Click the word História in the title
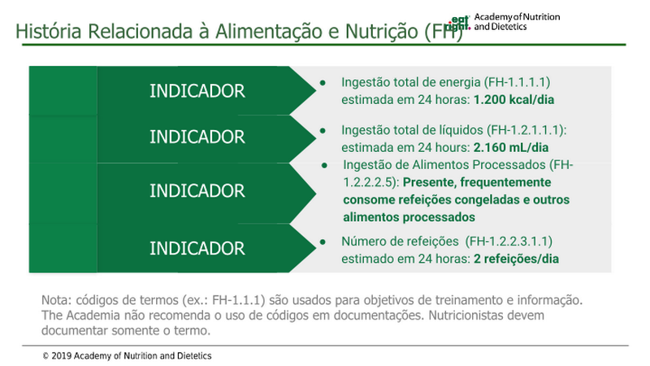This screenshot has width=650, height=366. (x=49, y=31)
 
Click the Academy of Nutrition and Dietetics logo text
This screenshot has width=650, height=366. (x=517, y=22)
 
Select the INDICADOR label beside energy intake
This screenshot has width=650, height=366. (x=197, y=91)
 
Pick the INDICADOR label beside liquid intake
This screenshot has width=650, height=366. (x=197, y=137)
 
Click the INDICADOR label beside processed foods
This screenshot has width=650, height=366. (x=197, y=191)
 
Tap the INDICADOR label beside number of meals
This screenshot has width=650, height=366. (x=197, y=249)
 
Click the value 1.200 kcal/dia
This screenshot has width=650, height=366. (x=513, y=100)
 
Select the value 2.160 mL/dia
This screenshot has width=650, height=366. (x=511, y=148)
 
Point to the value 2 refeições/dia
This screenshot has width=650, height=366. (x=516, y=259)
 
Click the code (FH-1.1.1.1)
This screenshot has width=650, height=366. (x=518, y=82)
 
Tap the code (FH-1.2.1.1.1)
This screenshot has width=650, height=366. (x=525, y=130)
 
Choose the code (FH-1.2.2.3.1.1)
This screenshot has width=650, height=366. (x=509, y=242)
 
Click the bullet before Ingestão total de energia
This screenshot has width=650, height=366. (x=323, y=83)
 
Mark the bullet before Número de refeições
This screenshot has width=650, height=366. (x=323, y=242)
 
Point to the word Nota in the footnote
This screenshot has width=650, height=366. (x=55, y=300)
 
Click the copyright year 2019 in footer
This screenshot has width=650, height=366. (x=62, y=356)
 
